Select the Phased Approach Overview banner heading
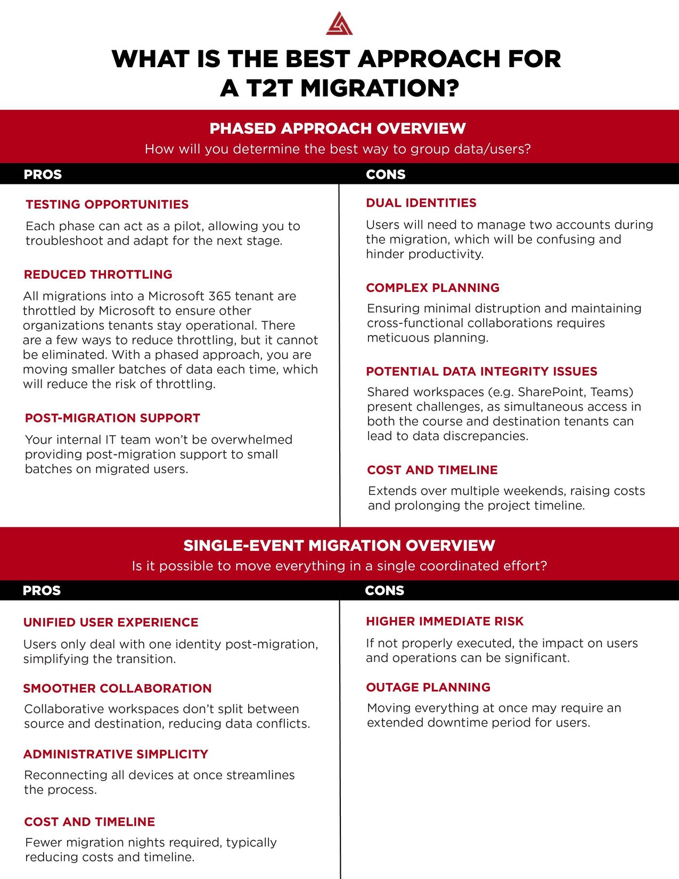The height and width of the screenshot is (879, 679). tap(338, 128)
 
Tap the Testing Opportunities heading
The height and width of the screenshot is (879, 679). tap(107, 205)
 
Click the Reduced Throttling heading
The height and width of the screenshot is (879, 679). tap(98, 274)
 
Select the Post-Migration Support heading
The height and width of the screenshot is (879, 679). tap(112, 418)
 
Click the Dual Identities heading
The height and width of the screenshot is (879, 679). tap(421, 203)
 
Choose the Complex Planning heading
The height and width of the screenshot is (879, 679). tap(432, 288)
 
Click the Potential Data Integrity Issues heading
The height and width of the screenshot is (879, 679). tap(481, 371)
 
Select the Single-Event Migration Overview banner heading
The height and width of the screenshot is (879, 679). tap(339, 546)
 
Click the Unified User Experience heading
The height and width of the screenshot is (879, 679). tap(111, 622)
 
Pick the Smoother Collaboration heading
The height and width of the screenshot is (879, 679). tap(117, 688)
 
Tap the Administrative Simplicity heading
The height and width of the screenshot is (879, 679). tap(116, 754)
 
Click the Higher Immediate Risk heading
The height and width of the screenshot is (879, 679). tap(445, 621)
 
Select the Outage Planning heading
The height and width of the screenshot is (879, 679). tap(428, 687)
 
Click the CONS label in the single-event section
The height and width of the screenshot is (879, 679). tap(385, 590)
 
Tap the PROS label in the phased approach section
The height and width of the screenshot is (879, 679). tap(43, 174)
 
